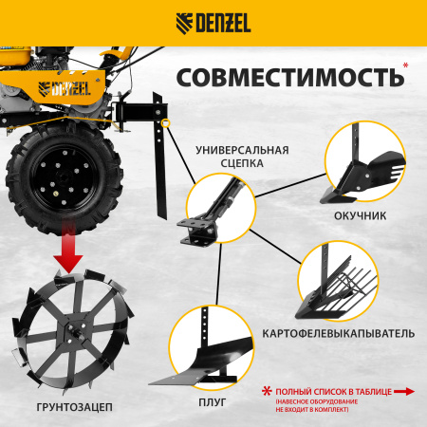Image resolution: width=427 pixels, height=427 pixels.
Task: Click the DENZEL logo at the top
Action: coord(213,22)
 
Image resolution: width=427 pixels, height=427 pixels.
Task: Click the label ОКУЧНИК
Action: coord(361,215)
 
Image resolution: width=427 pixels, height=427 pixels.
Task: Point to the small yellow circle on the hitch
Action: coord(165,121)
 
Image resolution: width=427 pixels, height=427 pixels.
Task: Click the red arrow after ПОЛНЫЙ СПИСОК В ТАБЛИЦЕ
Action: coord(404,389)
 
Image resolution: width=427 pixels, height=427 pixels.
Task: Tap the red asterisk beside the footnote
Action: coord(267,390)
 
